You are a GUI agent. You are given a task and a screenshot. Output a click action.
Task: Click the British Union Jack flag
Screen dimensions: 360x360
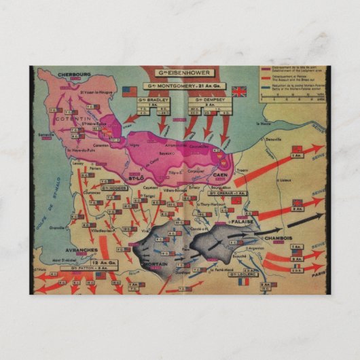(239, 91)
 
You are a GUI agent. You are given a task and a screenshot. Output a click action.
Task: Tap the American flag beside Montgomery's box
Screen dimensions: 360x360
(129, 90)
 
